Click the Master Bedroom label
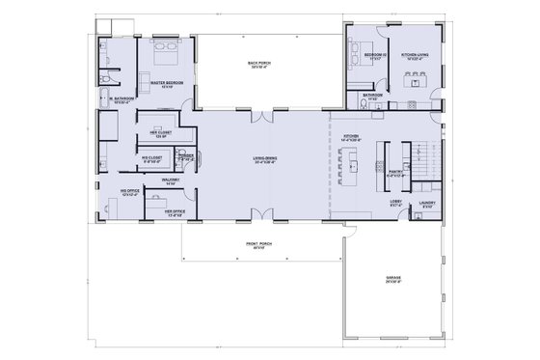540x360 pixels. coord(167,84)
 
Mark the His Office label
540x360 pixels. coord(129,193)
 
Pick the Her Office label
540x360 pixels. coord(174,211)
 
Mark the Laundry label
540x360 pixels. coord(427,204)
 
